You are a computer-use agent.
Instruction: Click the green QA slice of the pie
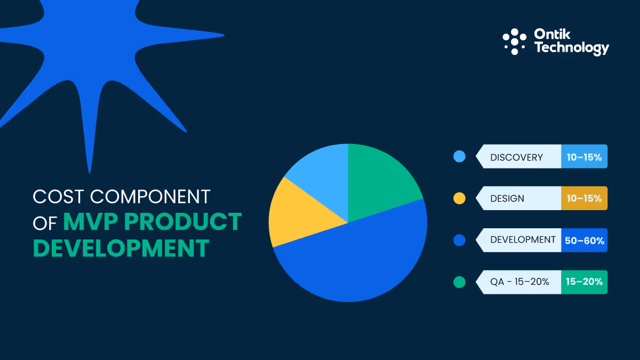coord(381,179)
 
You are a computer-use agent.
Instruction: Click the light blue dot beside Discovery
coord(459,157)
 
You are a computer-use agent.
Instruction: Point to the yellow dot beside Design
coord(459,198)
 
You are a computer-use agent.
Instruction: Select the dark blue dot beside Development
coord(459,240)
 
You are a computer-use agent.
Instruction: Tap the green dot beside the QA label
coord(459,282)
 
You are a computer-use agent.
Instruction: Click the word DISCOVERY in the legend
coord(516,157)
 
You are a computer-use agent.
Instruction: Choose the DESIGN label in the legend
coord(507,198)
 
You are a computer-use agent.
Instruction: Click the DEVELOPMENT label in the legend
coord(523,240)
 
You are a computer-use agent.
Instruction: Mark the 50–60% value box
coord(584,241)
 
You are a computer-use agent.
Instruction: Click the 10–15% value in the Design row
coord(584,198)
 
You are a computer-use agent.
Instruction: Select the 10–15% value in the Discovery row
coord(584,157)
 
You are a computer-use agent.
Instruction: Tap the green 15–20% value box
coord(584,282)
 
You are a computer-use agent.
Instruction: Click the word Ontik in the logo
coord(553,35)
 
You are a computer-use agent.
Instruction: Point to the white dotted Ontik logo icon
coord(514,41)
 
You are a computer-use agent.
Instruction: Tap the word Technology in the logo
coord(571,48)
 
